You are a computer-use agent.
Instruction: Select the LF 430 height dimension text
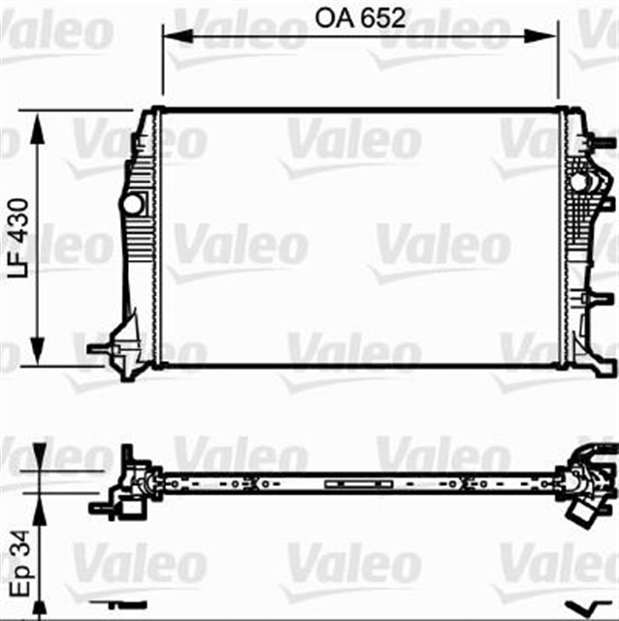click(18, 240)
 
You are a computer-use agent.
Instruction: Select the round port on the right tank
click(580, 181)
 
